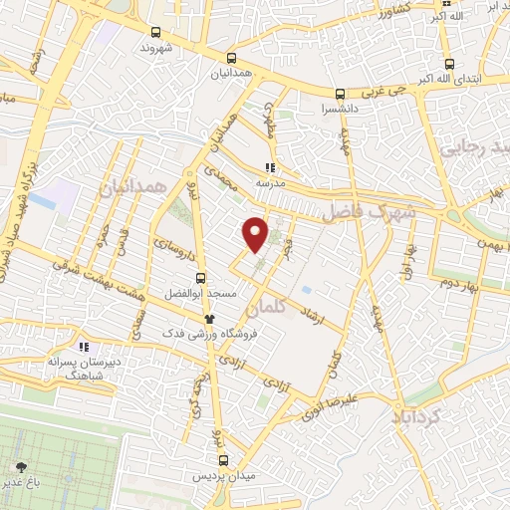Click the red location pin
(x=256, y=233)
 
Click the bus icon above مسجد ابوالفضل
(x=200, y=278)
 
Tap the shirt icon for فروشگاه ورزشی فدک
(x=209, y=319)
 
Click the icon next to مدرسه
(x=269, y=167)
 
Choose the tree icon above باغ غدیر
(x=21, y=465)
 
